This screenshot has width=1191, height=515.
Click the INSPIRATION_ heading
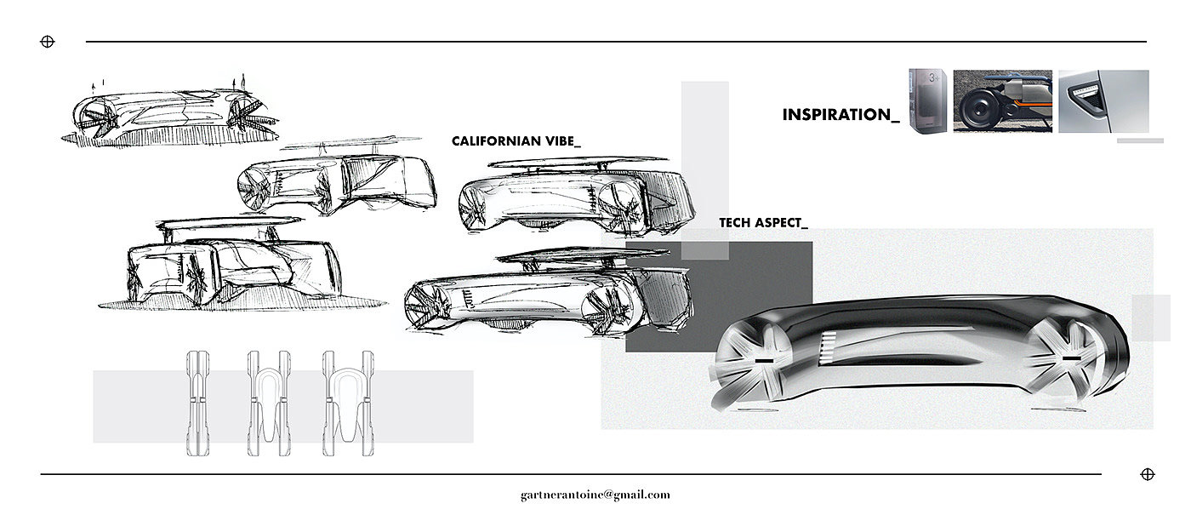pos(841,114)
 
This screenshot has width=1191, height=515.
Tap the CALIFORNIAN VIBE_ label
pos(516,141)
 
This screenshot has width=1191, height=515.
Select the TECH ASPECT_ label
pos(763,222)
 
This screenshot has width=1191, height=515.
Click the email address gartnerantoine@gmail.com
pos(595,495)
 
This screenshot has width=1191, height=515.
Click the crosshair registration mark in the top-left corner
pos(48,41)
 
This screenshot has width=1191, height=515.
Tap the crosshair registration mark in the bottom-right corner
pos(1146,474)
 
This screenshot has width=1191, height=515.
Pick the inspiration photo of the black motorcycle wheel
pos(1002,100)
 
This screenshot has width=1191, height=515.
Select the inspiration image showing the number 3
pos(928,100)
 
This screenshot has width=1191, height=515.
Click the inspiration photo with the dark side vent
pos(1103,100)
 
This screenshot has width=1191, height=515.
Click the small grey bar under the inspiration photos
pos(1139,140)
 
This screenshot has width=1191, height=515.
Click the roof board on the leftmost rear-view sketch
pos(219,223)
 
